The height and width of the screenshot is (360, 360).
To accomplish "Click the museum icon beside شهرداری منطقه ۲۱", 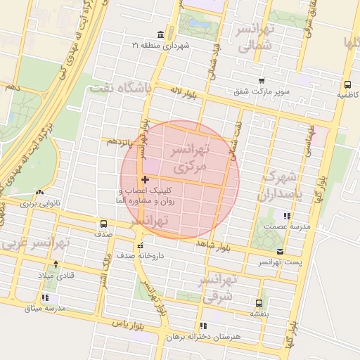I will [162, 34].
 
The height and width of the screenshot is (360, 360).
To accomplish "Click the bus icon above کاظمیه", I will [345, 83].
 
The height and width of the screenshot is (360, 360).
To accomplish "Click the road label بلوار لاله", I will [181, 91].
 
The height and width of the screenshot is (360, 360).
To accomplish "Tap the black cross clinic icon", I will [145, 180].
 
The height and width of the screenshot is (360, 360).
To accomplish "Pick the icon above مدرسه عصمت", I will [285, 217].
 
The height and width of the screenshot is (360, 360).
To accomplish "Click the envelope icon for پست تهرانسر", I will [281, 251].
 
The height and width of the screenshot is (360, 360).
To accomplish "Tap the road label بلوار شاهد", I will [215, 245].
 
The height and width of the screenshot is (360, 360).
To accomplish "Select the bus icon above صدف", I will [103, 225].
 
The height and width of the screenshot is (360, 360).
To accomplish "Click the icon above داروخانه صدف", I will [141, 246].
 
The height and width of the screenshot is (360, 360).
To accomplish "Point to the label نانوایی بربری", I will [37, 203].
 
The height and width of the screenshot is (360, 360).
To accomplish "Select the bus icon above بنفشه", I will [259, 304].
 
